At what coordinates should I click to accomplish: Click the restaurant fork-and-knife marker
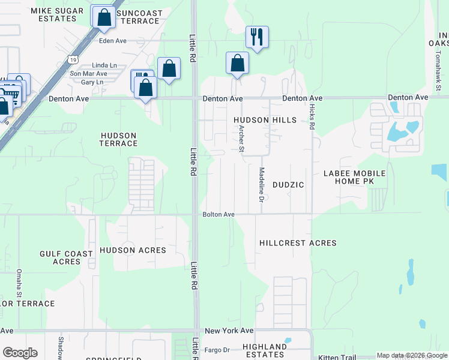(256, 37)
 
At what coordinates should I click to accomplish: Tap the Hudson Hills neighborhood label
(265, 120)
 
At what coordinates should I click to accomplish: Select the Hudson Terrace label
(118, 139)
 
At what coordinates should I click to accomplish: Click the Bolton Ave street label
(218, 214)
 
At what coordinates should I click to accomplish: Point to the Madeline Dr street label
(262, 184)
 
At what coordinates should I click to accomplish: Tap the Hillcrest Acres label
(298, 243)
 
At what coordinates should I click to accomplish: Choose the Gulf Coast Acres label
(66, 257)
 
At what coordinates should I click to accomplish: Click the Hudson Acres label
(133, 250)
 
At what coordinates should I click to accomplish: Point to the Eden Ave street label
(113, 41)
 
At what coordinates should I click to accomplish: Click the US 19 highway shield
(73, 59)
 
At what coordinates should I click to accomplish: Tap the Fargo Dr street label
(218, 350)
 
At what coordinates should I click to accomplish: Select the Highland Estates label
(265, 351)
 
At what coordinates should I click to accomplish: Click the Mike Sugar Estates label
(53, 15)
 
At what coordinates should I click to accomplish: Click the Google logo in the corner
(20, 353)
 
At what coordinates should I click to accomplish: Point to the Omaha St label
(20, 283)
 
